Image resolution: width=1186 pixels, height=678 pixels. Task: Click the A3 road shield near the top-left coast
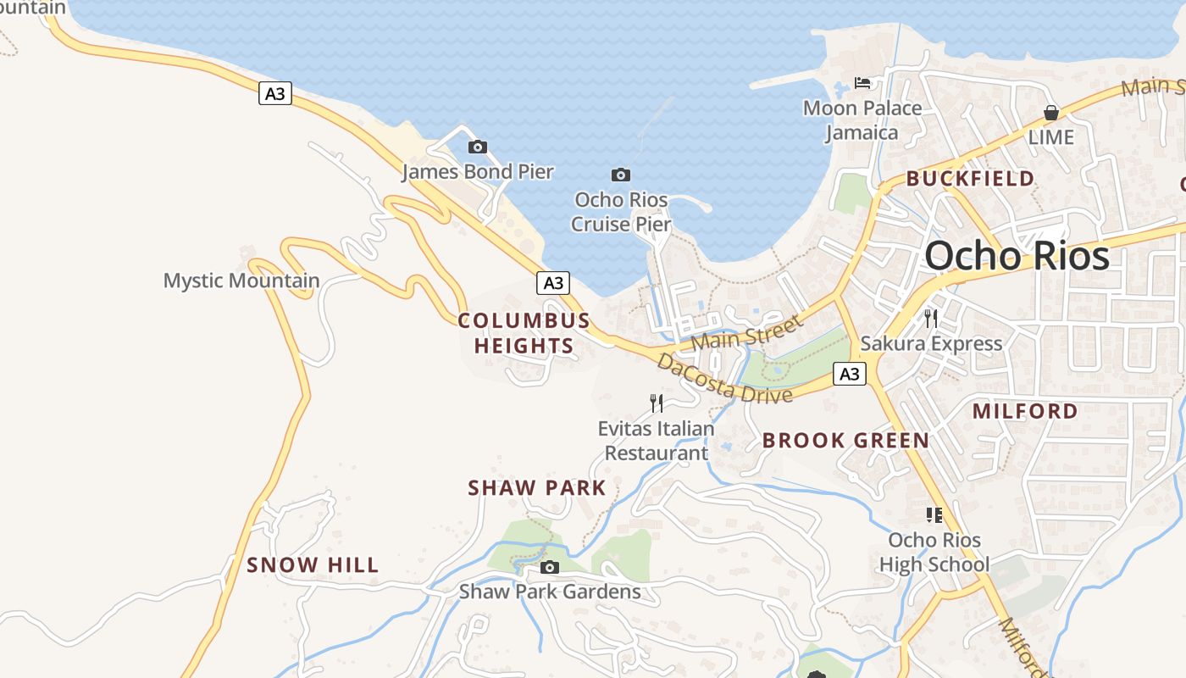(x=275, y=93)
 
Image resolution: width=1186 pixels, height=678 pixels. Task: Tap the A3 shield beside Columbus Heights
(x=552, y=283)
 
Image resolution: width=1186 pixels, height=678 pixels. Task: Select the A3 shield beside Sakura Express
(x=850, y=374)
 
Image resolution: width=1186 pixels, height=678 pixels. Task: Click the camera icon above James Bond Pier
(x=478, y=147)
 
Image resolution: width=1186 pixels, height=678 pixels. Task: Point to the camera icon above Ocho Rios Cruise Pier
(x=621, y=175)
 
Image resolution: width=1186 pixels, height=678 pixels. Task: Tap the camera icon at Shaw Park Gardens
(x=550, y=567)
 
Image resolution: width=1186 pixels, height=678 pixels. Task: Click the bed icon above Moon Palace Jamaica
(x=862, y=83)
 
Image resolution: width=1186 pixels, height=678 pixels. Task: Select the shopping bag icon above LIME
(x=1051, y=113)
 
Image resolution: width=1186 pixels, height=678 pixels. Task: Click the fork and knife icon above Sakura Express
(x=931, y=319)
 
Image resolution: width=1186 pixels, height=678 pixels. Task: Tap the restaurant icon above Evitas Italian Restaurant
(x=657, y=403)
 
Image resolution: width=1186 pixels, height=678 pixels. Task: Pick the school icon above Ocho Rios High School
(x=934, y=515)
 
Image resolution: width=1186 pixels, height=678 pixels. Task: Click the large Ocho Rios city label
(x=1017, y=256)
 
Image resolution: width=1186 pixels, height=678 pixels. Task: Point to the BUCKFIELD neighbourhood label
(x=970, y=179)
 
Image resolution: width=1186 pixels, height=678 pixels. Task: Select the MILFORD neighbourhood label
(x=1025, y=412)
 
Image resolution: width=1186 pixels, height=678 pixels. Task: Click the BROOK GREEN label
(x=845, y=441)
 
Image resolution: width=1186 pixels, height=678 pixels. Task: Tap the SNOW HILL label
(x=313, y=565)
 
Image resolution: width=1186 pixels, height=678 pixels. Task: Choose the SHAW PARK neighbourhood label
(x=537, y=488)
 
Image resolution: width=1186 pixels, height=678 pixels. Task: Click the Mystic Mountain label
(x=241, y=281)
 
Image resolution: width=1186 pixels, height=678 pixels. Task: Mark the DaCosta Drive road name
(x=724, y=380)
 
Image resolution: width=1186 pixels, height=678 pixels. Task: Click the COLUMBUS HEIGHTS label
(x=524, y=333)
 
